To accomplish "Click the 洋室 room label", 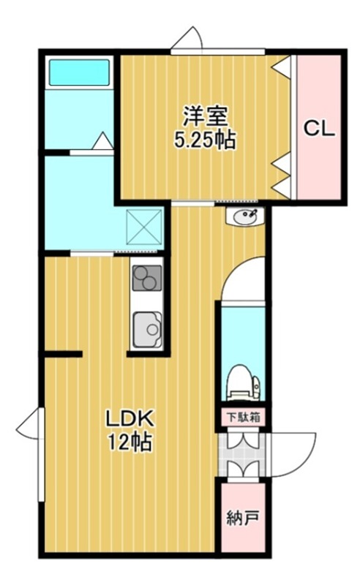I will point(204,115).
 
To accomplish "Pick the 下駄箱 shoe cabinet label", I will point(242,418).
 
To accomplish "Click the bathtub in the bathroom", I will point(79,72).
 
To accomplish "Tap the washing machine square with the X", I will point(144,226).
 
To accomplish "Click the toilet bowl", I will point(241,382).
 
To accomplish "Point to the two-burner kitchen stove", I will point(146,278).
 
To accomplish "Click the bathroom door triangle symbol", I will point(102,140).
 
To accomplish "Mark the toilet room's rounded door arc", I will point(241,278).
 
